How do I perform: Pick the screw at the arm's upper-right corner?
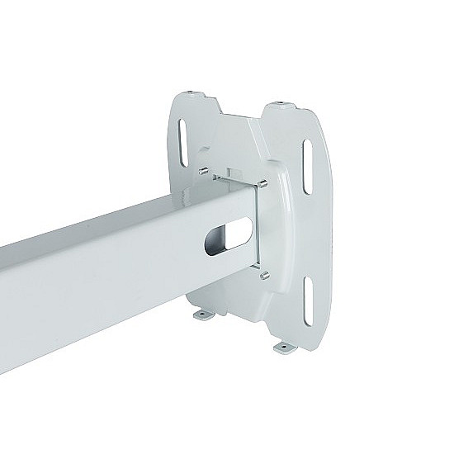pyautogui.click(x=262, y=182)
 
